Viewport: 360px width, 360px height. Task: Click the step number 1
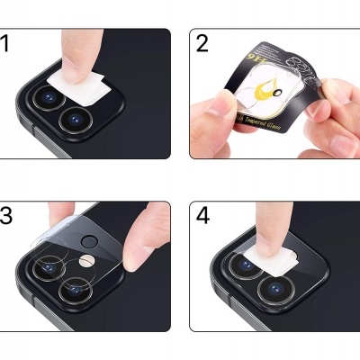pyautogui.click(x=7, y=42)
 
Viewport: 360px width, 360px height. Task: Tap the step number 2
pyautogui.click(x=202, y=43)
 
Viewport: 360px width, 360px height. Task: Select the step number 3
pyautogui.click(x=7, y=217)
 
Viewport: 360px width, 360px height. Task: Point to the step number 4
pyautogui.click(x=202, y=217)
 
